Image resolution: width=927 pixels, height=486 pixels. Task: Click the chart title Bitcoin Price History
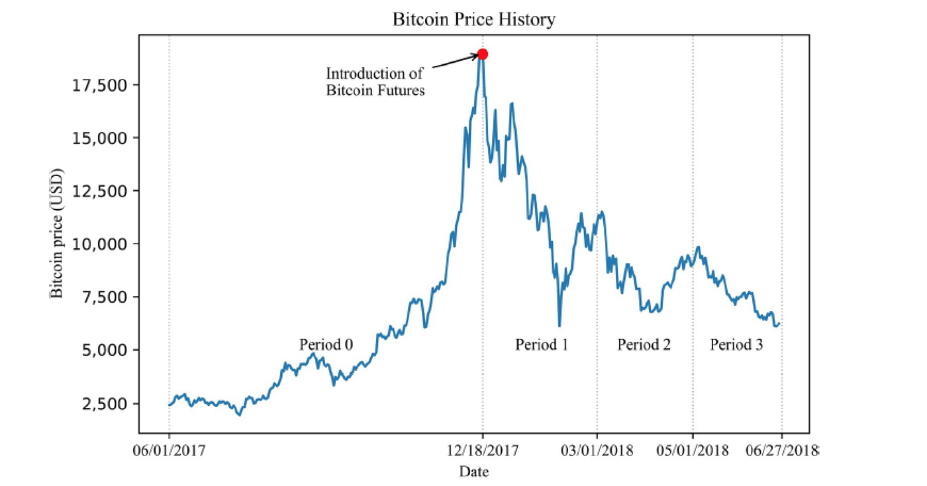tap(474, 19)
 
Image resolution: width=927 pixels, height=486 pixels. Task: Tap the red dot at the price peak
tap(483, 54)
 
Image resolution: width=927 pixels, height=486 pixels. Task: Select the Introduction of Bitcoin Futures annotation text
tap(375, 82)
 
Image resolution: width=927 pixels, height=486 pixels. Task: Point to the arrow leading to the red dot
tap(456, 61)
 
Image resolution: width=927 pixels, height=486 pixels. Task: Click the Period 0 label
tap(326, 344)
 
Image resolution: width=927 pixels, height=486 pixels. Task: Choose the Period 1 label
tap(542, 344)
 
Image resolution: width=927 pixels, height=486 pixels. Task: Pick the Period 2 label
tap(644, 344)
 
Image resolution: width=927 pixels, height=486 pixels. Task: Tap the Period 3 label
tap(736, 344)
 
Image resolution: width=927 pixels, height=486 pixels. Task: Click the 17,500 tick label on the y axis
tap(99, 85)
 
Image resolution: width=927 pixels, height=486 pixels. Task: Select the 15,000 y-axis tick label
tap(99, 138)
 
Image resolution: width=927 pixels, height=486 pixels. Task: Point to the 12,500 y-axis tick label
tap(99, 191)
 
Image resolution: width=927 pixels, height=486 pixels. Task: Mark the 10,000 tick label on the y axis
tap(99, 244)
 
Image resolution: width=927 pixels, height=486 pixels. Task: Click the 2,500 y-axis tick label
tap(105, 404)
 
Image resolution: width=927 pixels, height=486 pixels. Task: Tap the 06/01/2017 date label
tap(169, 450)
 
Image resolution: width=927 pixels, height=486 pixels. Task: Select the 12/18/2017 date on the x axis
tap(483, 450)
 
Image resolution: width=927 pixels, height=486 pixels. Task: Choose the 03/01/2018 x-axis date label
tap(597, 450)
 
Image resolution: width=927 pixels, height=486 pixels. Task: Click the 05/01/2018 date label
tap(693, 450)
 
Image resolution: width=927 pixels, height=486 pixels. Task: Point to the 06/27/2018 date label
tap(782, 450)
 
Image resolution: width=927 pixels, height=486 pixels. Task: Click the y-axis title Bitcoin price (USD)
tap(56, 233)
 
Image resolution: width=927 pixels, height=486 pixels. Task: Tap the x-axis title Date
tap(474, 471)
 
